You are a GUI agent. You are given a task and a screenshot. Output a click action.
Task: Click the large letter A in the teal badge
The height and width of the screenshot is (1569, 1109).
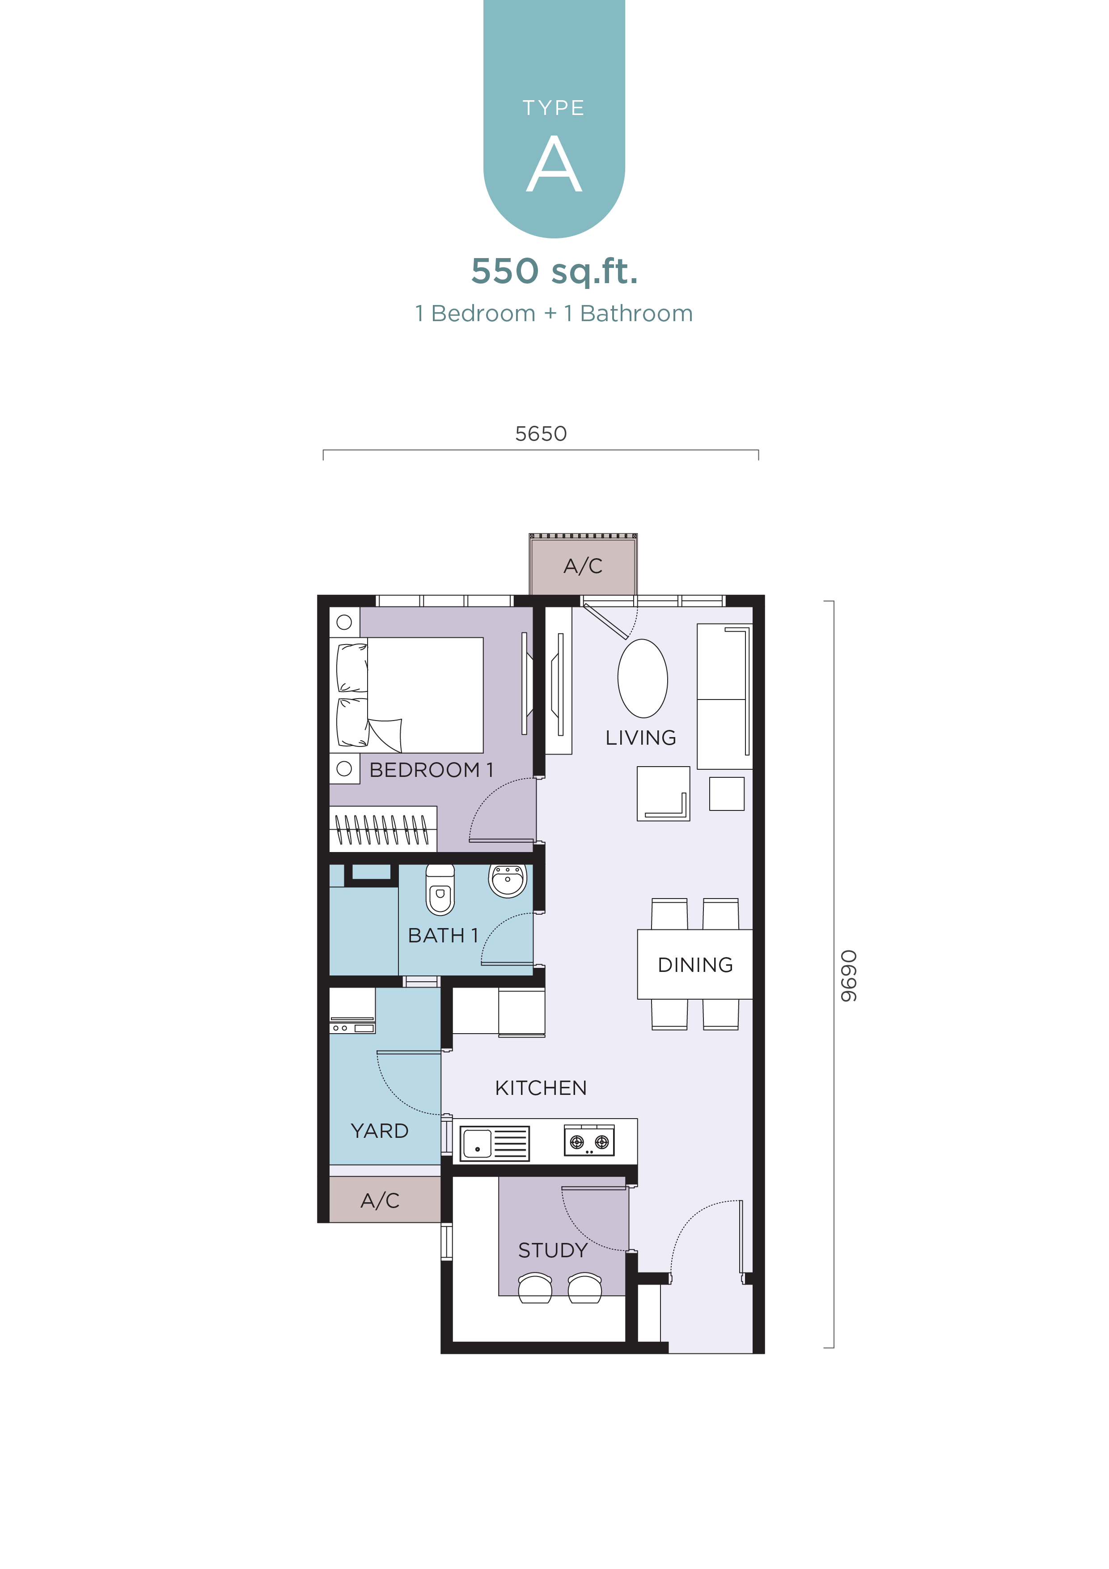[554, 164]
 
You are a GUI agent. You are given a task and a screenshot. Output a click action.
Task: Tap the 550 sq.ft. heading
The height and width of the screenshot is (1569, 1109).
[554, 271]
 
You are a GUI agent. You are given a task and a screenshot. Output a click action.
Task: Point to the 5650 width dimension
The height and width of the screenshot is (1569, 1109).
[541, 433]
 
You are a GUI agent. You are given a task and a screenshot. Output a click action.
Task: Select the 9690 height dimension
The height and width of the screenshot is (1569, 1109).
[848, 976]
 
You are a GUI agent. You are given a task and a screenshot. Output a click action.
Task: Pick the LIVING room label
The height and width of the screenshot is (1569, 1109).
[640, 738]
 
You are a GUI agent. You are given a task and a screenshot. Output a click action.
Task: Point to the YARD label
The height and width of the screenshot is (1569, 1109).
[379, 1131]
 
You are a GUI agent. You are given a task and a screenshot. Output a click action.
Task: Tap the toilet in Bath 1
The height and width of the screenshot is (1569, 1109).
[440, 889]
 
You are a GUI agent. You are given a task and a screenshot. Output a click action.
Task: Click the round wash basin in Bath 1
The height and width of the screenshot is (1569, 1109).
[508, 880]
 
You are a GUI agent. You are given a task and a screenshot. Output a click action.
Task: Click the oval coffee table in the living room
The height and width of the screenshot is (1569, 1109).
[642, 678]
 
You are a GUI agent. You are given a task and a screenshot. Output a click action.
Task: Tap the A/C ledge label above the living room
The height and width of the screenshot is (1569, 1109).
[583, 566]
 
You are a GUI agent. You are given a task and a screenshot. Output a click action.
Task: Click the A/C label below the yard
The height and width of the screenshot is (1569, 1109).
[380, 1200]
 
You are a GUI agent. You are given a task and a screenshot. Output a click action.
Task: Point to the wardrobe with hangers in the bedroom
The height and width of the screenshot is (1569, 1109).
[383, 828]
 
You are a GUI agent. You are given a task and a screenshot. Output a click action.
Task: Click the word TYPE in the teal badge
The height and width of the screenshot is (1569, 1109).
[554, 108]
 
